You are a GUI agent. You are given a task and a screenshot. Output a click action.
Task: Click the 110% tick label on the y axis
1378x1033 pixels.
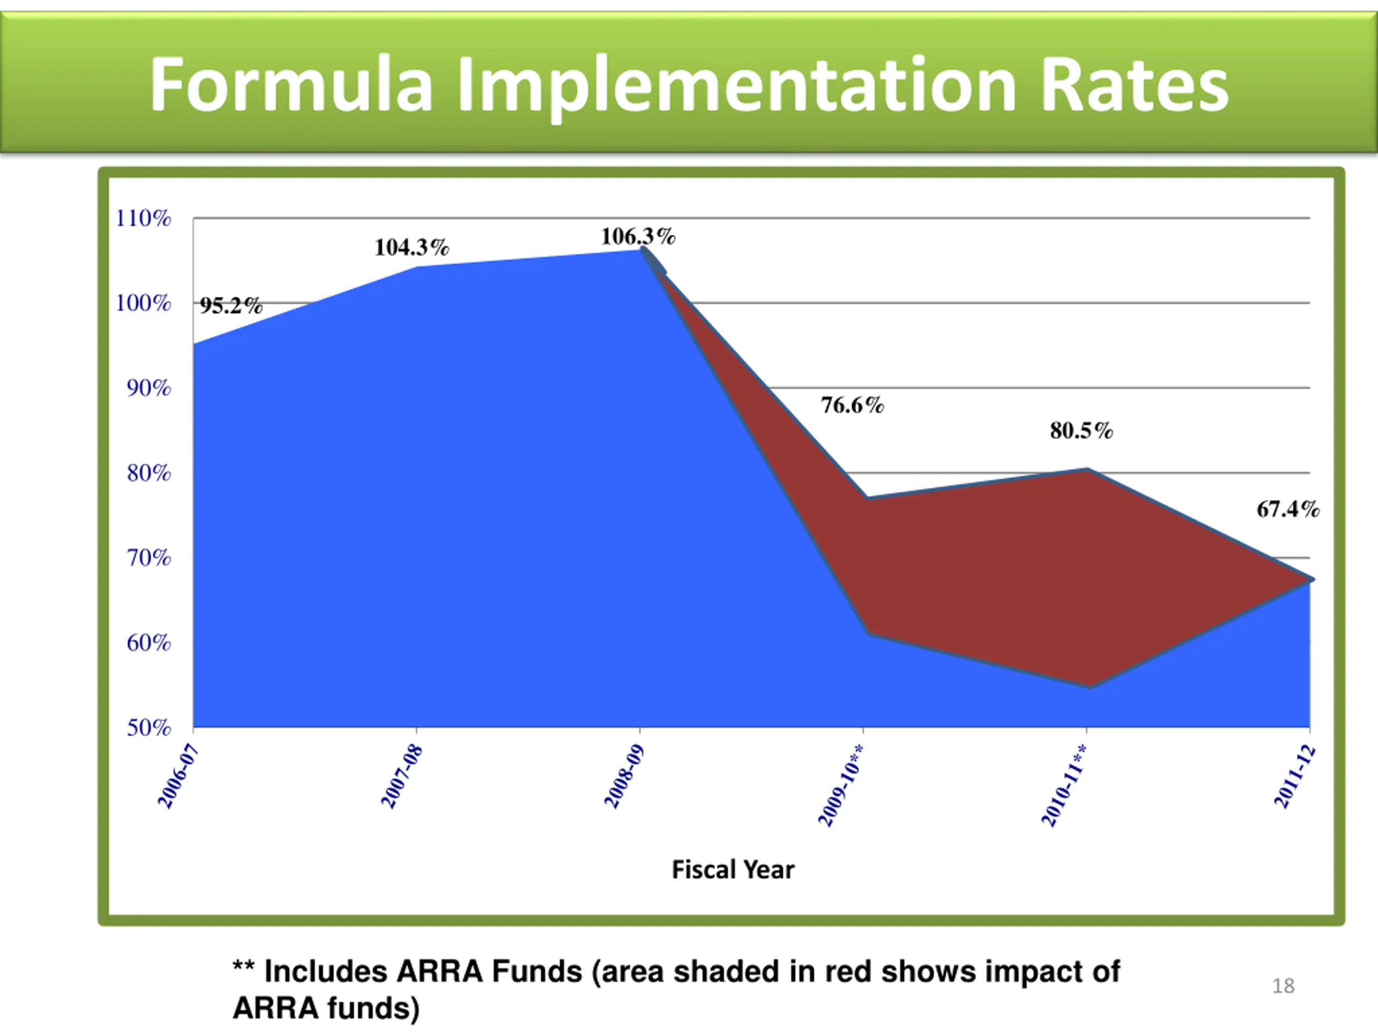[x=143, y=218]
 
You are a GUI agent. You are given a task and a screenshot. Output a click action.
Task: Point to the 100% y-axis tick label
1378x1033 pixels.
[x=143, y=303]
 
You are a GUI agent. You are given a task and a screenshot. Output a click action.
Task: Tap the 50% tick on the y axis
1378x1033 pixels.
[x=148, y=727]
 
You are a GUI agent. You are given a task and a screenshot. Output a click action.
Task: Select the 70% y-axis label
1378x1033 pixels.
[x=148, y=558]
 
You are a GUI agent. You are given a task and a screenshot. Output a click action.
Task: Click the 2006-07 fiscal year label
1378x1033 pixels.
[x=178, y=776]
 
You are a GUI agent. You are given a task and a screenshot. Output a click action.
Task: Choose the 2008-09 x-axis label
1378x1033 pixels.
[x=624, y=776]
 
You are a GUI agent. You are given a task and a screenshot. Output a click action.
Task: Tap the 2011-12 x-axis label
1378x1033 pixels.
[x=1295, y=776]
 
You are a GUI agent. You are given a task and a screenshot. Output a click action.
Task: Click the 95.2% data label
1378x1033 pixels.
[x=231, y=306]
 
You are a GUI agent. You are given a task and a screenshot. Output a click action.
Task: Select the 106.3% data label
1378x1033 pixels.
[x=637, y=237]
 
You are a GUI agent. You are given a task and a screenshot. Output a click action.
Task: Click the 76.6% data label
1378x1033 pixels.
[x=852, y=405]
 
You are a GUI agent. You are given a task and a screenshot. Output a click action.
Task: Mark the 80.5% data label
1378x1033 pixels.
[x=1081, y=430]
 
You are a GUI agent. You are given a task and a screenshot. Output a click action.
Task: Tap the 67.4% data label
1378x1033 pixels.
[x=1288, y=510]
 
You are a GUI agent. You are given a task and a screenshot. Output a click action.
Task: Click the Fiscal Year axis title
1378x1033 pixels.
[x=733, y=870]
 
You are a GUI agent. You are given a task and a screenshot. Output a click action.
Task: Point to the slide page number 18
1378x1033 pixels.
[x=1283, y=986]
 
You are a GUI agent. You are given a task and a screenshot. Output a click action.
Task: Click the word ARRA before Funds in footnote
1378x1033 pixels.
[x=439, y=971]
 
